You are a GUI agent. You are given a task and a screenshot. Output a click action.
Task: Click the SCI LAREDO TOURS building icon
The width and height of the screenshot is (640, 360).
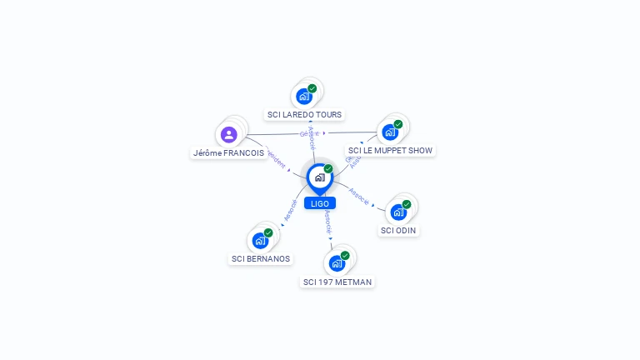pos(304,96)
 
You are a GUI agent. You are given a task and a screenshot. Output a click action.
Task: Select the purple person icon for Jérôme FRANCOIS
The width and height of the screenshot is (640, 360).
pos(229,134)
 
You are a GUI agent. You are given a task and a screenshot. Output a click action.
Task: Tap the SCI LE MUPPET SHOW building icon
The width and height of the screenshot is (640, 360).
pos(390,132)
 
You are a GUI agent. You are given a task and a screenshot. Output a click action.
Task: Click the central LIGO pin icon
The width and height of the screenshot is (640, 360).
pos(319,177)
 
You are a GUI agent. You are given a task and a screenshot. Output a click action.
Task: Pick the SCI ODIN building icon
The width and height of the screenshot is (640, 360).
pos(398,212)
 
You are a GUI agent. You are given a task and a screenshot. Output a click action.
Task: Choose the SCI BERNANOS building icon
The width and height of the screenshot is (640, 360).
pos(260,240)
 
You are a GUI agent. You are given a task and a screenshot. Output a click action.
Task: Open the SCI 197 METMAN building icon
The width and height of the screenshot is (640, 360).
pos(337,263)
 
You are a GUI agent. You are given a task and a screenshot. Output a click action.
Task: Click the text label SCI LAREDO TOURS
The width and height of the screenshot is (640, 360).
pos(304,114)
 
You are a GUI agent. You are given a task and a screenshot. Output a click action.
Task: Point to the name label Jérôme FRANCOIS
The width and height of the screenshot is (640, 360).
pos(228,153)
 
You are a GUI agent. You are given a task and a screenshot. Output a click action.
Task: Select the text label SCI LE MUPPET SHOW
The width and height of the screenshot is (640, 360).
pos(391,151)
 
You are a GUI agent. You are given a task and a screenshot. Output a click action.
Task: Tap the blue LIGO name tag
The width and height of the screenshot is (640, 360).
pos(319,203)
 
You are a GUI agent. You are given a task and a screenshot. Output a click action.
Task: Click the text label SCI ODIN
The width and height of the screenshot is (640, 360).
pos(398,231)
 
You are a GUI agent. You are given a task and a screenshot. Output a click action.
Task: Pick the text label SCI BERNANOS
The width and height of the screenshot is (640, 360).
pos(261,259)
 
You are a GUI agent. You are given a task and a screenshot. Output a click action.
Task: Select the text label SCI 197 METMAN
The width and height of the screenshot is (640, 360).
pos(337,282)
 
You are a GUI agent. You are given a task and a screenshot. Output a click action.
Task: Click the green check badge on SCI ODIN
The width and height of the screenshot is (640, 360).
pos(407,204)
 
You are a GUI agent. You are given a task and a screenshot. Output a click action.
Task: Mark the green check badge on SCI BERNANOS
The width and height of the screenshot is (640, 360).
pos(268,232)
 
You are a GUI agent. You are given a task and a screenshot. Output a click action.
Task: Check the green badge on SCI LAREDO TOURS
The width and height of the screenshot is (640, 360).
pos(312,88)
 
